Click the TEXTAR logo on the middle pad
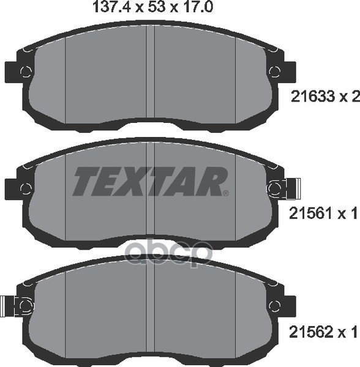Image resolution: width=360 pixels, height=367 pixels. click(x=150, y=181)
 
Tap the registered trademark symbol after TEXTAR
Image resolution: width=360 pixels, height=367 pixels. click(x=225, y=193)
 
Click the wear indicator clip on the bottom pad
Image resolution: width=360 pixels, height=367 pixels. click(x=10, y=305)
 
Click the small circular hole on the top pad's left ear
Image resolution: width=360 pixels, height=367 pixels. click(x=26, y=72)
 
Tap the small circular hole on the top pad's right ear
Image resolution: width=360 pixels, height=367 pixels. click(x=273, y=72)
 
